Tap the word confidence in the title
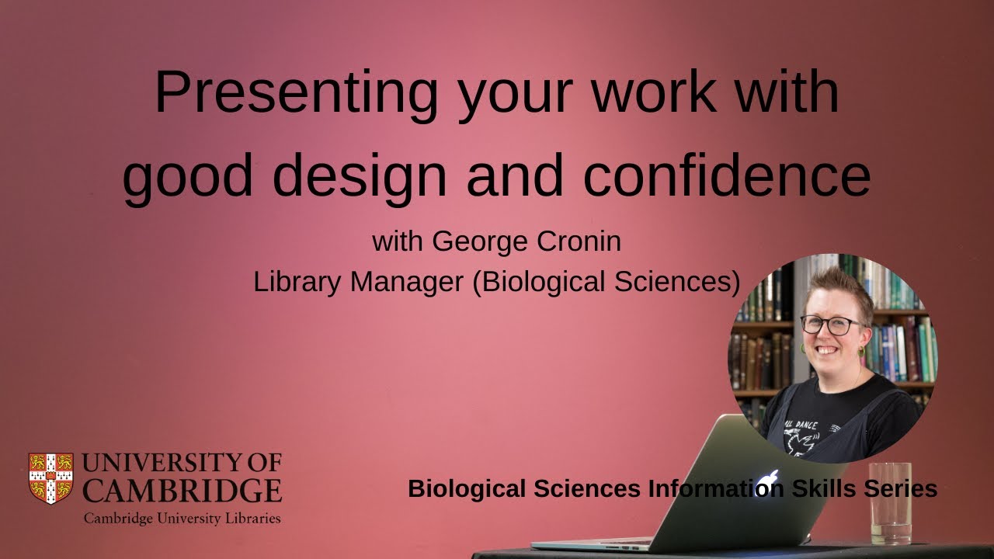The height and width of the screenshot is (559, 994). [x=727, y=175]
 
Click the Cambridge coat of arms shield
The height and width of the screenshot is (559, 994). [x=51, y=477]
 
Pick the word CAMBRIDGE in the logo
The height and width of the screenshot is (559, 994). [x=182, y=491]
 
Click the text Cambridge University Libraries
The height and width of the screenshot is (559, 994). [x=182, y=518]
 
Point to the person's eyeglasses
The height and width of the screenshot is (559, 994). [x=832, y=325]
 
